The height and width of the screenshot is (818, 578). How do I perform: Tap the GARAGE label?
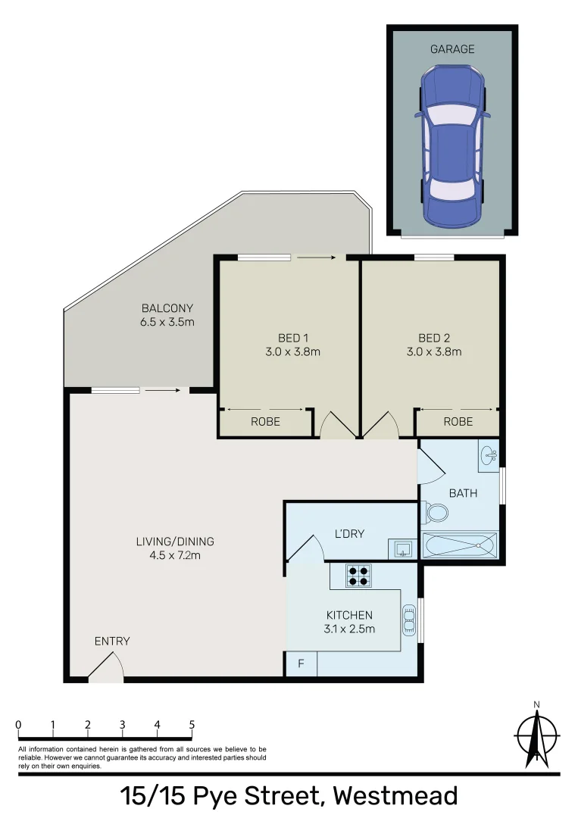pos(452,49)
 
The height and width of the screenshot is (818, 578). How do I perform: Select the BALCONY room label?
pos(167,308)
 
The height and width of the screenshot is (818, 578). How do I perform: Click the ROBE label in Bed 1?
pos(265,422)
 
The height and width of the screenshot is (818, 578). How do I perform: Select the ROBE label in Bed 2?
pos(458,422)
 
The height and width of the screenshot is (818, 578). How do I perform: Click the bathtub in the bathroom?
pos(460,545)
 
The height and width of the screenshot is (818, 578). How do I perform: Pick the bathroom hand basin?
pos(489,455)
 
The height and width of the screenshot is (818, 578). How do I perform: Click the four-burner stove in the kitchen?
pos(358,576)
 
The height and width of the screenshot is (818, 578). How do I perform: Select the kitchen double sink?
pos(410,620)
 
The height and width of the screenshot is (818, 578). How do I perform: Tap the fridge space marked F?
pos(301,664)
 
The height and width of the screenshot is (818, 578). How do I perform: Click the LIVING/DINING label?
pos(175,542)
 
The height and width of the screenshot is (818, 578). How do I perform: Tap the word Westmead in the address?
pos(395,796)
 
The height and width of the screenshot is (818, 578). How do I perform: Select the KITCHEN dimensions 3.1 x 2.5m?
pos(349,629)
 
